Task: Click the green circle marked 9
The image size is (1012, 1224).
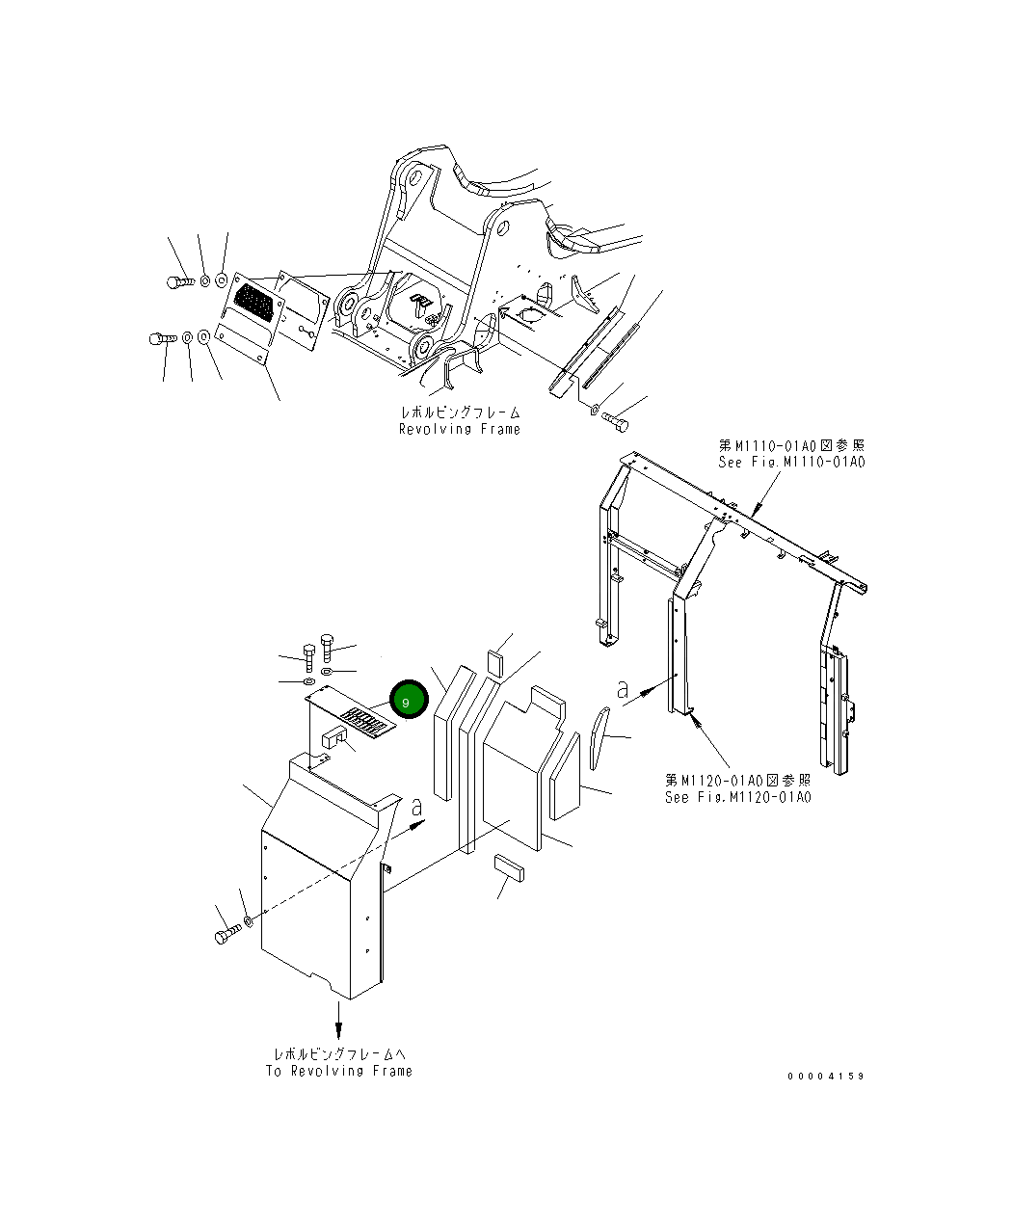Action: [x=407, y=702]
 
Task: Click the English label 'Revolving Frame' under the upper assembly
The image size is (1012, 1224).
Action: [x=460, y=429]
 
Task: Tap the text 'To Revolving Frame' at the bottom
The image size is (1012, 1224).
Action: [x=339, y=1071]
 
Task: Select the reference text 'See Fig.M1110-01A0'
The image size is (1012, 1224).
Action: [x=791, y=462]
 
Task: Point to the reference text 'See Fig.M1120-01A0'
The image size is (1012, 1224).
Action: [x=737, y=797]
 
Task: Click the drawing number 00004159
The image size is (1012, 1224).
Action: [x=826, y=1076]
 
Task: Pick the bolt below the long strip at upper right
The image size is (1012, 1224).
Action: [x=614, y=420]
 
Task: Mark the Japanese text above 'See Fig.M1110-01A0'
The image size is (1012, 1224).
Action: [x=791, y=445]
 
